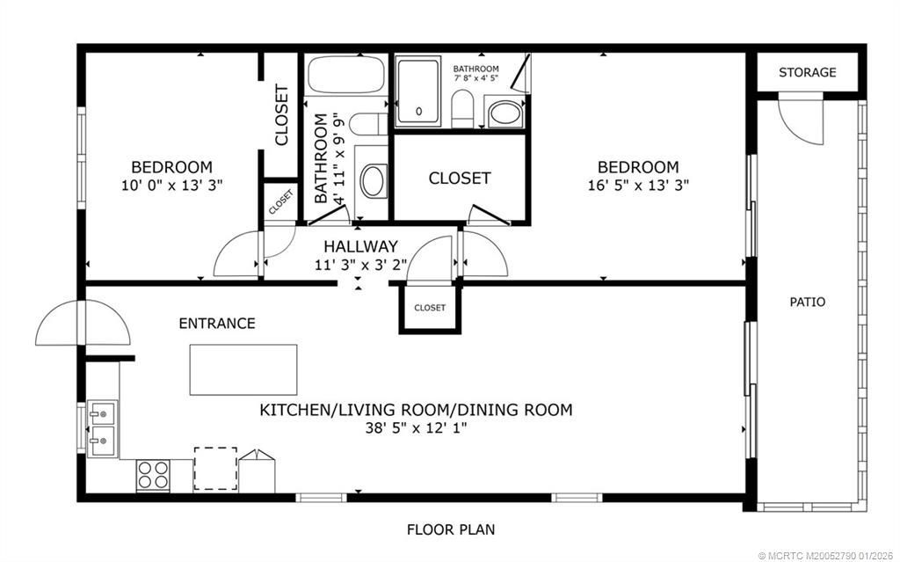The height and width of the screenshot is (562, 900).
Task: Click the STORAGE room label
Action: (x=807, y=72)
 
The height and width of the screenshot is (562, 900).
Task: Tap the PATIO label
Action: (x=807, y=302)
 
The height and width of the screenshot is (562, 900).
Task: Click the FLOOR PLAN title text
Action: (x=450, y=529)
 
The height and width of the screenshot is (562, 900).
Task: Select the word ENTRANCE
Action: (x=217, y=324)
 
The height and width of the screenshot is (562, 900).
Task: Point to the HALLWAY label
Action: (x=360, y=246)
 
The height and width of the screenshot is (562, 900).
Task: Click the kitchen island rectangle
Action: (x=243, y=369)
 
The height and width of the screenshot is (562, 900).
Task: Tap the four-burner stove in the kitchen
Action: (x=153, y=476)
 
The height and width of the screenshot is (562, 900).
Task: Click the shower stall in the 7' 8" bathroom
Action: (x=420, y=91)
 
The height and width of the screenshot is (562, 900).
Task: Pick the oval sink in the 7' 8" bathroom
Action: (x=504, y=113)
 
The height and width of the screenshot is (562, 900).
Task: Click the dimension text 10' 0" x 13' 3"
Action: (x=172, y=186)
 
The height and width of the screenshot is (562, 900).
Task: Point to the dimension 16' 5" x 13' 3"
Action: (x=638, y=186)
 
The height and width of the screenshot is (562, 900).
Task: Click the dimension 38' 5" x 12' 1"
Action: (x=416, y=428)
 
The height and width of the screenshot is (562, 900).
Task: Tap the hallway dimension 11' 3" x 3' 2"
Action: (x=360, y=264)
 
